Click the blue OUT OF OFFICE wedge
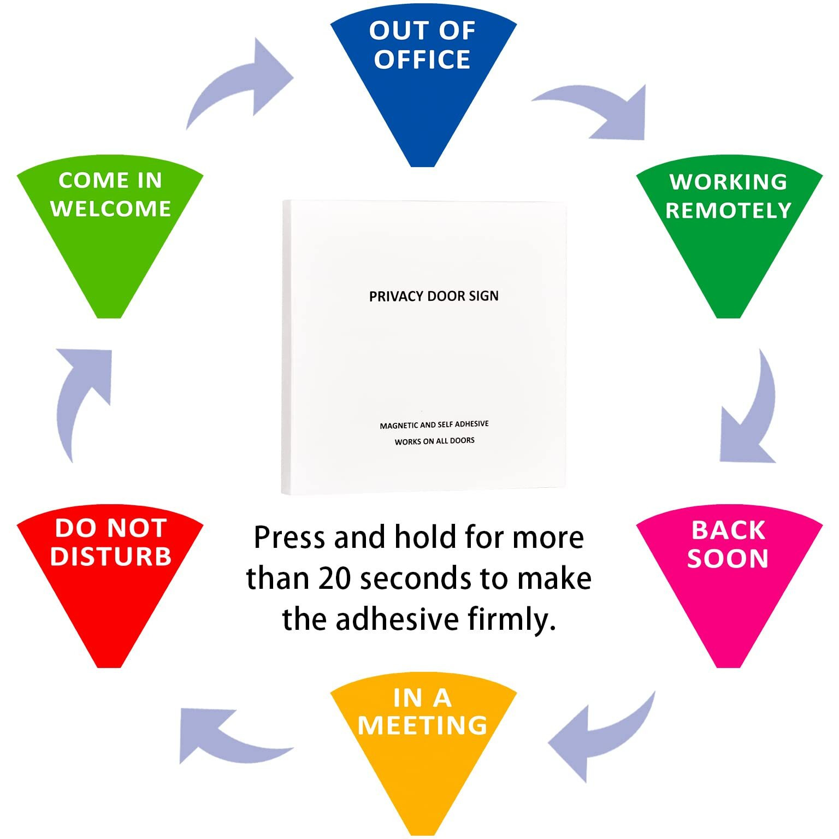pos(423,82)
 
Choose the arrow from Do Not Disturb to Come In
pos(82,393)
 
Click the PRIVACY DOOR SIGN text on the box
pos(434,296)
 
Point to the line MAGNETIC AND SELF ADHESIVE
pos(434,424)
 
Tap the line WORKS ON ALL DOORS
pos(434,441)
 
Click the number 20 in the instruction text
pos(334,578)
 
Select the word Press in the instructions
pos(289,538)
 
